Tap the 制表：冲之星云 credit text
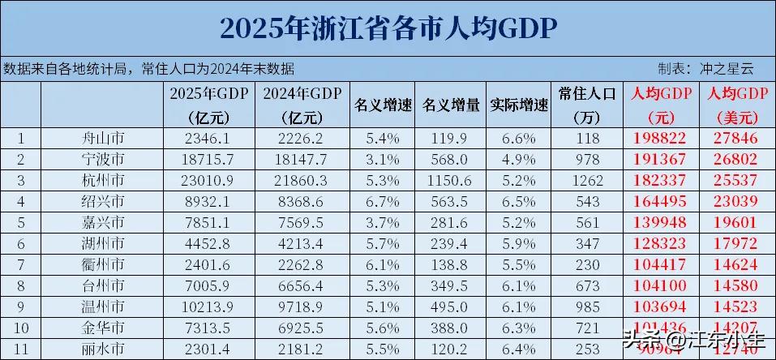coord(705,68)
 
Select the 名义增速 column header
coord(383,105)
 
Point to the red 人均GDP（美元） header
coord(737,105)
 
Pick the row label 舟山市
coord(104,138)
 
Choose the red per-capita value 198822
coord(660,138)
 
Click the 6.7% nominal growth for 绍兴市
coord(383,199)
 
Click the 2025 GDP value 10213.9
coord(208,306)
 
